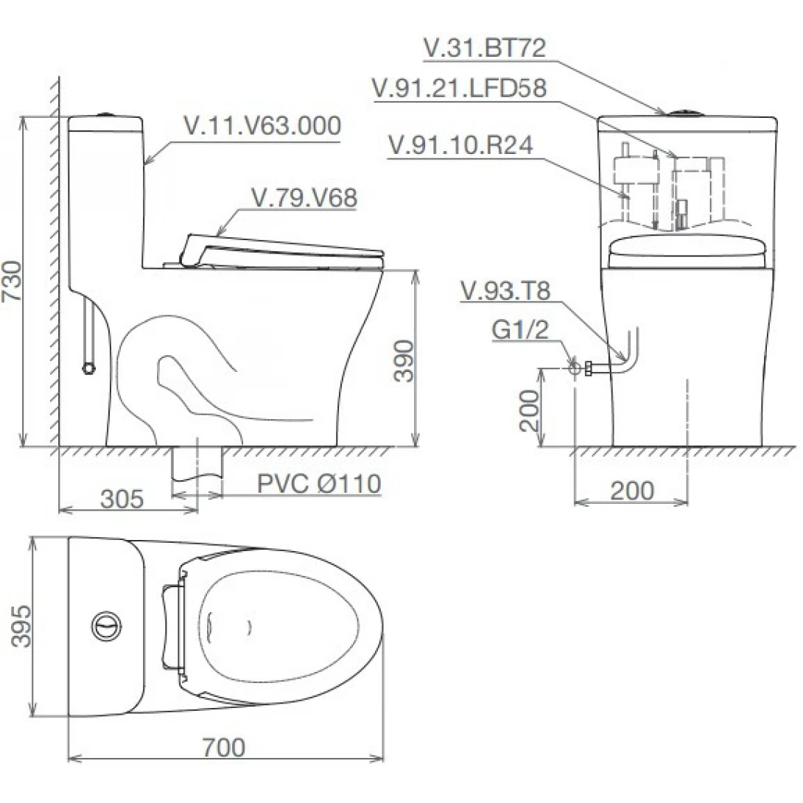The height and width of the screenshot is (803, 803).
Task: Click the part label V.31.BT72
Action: click(x=484, y=49)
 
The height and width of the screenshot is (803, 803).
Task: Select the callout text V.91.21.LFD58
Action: click(x=460, y=88)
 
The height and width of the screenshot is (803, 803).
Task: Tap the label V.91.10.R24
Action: click(x=461, y=145)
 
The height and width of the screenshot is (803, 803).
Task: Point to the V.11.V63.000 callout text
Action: click(x=262, y=126)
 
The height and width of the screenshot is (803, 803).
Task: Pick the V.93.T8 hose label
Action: click(x=505, y=291)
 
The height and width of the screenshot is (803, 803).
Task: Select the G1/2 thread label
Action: click(x=520, y=331)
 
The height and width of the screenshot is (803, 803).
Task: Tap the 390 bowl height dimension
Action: click(x=402, y=360)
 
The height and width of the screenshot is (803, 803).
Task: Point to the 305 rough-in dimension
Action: click(x=122, y=499)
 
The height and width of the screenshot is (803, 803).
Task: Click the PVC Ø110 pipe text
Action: click(x=319, y=484)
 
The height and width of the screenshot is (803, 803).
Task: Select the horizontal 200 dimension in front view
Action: click(x=632, y=491)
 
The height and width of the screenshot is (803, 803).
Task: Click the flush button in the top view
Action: click(x=104, y=625)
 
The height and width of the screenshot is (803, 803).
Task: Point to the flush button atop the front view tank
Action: click(x=686, y=113)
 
